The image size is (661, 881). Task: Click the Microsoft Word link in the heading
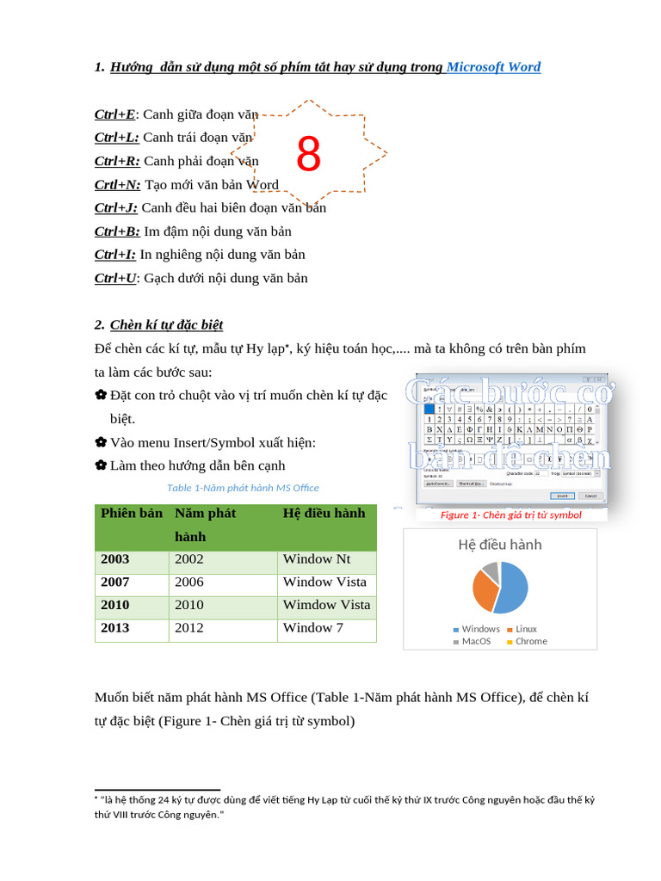[493, 67]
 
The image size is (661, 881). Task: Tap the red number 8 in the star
[308, 156]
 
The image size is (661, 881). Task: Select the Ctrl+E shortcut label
[114, 114]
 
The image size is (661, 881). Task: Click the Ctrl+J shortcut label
[115, 207]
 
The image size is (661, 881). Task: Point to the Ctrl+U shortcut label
[114, 278]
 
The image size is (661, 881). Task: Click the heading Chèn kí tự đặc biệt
[166, 324]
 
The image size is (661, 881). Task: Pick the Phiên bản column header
[132, 514]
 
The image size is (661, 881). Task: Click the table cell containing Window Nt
[317, 559]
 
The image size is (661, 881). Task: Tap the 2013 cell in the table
[115, 628]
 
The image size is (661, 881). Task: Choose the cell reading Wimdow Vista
[326, 605]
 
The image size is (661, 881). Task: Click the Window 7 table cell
[312, 628]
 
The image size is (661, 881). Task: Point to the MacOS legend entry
[475, 641]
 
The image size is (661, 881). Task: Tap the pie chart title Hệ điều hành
[500, 545]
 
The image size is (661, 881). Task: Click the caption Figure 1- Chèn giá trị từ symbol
[510, 515]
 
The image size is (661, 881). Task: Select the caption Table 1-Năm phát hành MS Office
[243, 488]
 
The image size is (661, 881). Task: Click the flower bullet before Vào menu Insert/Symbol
[101, 442]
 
